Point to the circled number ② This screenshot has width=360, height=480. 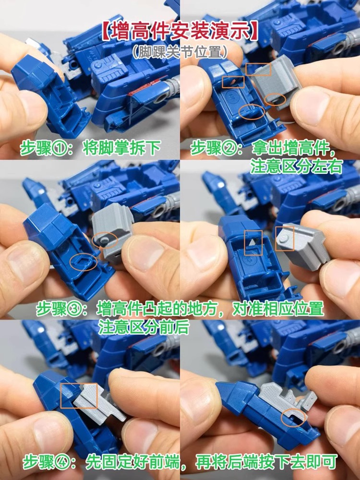pos(229,148)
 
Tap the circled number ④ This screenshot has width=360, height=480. pos(62,462)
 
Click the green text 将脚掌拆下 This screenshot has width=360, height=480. pos(121,149)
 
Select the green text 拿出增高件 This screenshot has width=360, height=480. pos(290,148)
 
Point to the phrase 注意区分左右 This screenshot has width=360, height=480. pos(296,167)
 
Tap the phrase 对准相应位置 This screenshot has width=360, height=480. pos(277,309)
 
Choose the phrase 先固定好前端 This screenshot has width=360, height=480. pos(132,462)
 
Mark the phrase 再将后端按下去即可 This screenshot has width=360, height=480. pos(266,462)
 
